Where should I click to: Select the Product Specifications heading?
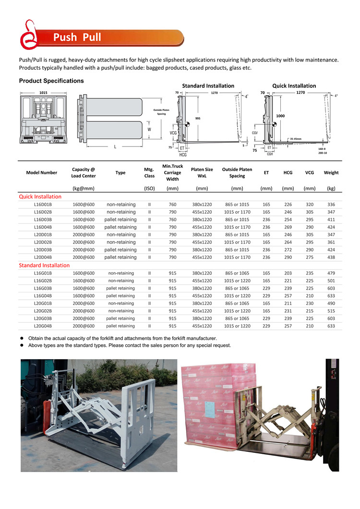point(51,81)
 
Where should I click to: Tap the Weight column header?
point(331,172)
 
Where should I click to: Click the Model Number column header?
point(42,172)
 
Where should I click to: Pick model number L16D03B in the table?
point(43,219)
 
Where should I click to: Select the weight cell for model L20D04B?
point(331,257)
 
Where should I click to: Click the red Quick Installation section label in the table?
point(40,196)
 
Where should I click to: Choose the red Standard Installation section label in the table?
point(44,265)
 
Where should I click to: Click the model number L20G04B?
point(43,326)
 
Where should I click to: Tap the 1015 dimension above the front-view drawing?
point(43,92)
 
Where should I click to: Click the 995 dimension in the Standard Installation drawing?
point(198,118)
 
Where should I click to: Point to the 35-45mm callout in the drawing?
point(296,139)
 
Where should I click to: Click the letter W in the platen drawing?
point(149,129)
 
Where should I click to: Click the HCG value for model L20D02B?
point(288,242)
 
